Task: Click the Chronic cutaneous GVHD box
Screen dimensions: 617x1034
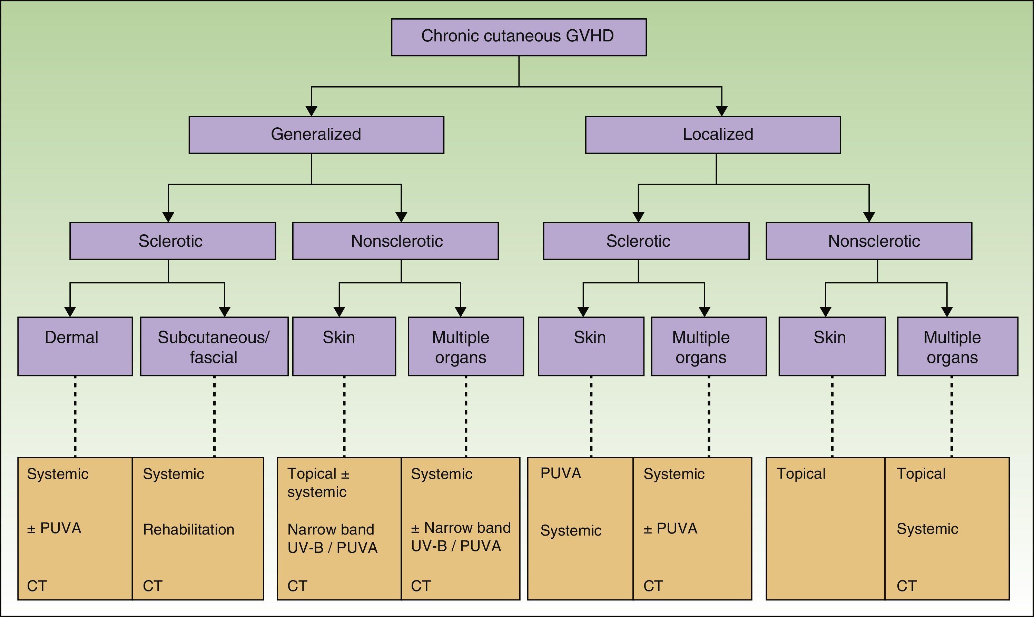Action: pos(518,37)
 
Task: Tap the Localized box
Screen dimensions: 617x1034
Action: pos(712,135)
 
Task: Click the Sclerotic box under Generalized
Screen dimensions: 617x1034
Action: pos(172,241)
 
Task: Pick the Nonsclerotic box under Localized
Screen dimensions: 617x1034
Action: pos(869,241)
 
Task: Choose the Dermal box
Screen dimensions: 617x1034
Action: pos(75,346)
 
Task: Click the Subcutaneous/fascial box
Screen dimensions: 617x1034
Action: pos(214,346)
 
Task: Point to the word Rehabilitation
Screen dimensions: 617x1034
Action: pos(188,529)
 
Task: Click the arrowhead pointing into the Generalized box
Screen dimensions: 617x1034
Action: pos(311,111)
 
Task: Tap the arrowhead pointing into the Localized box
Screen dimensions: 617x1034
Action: pos(721,111)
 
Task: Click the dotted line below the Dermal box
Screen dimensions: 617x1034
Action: pos(75,416)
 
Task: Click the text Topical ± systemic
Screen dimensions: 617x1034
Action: pos(318,483)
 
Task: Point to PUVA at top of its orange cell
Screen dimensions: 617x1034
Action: pos(560,473)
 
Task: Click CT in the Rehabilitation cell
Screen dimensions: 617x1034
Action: pos(152,586)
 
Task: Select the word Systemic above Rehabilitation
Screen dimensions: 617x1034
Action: pos(173,474)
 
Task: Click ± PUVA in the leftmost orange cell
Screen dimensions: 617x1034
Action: pos(54,528)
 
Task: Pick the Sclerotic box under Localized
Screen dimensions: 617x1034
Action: pos(646,241)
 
